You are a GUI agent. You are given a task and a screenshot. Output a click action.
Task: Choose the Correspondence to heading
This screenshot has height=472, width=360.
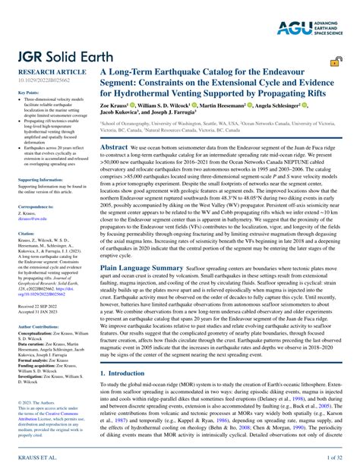31,206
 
